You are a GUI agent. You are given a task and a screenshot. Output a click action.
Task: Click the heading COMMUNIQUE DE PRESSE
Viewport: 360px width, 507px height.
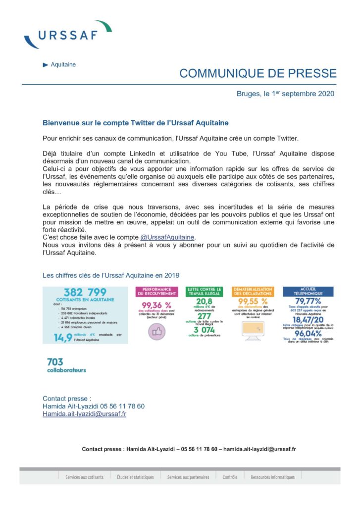[x=257, y=74]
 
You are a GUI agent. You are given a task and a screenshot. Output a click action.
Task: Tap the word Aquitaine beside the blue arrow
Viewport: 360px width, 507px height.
[x=63, y=65]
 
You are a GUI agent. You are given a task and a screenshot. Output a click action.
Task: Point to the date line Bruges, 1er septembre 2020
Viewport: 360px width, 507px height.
[x=286, y=94]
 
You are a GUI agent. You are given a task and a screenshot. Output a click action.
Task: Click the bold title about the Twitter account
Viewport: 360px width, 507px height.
[x=135, y=122]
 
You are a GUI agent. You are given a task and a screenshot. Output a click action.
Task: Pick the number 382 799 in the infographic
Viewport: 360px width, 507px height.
[x=85, y=292]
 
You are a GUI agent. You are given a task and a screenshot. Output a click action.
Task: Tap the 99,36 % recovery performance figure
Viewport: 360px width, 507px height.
[x=156, y=305]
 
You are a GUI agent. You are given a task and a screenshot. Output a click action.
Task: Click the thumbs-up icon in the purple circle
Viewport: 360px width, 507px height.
[x=157, y=332]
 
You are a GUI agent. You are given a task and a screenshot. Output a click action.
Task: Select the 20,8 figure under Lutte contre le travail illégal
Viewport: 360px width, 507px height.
[x=204, y=301]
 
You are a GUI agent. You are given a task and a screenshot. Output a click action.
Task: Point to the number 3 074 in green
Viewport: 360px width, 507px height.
[x=204, y=330]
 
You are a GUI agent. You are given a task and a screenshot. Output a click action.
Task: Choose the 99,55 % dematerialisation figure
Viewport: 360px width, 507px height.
[x=253, y=301]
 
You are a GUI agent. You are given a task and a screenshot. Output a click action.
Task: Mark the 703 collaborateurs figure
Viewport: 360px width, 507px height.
[x=66, y=365]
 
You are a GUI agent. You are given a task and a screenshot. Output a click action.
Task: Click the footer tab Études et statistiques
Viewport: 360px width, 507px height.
[x=135, y=477]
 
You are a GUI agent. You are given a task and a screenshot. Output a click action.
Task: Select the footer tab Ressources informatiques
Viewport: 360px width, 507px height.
[x=272, y=477]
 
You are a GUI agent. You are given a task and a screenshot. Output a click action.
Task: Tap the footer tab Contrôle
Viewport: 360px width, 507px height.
[x=230, y=477]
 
